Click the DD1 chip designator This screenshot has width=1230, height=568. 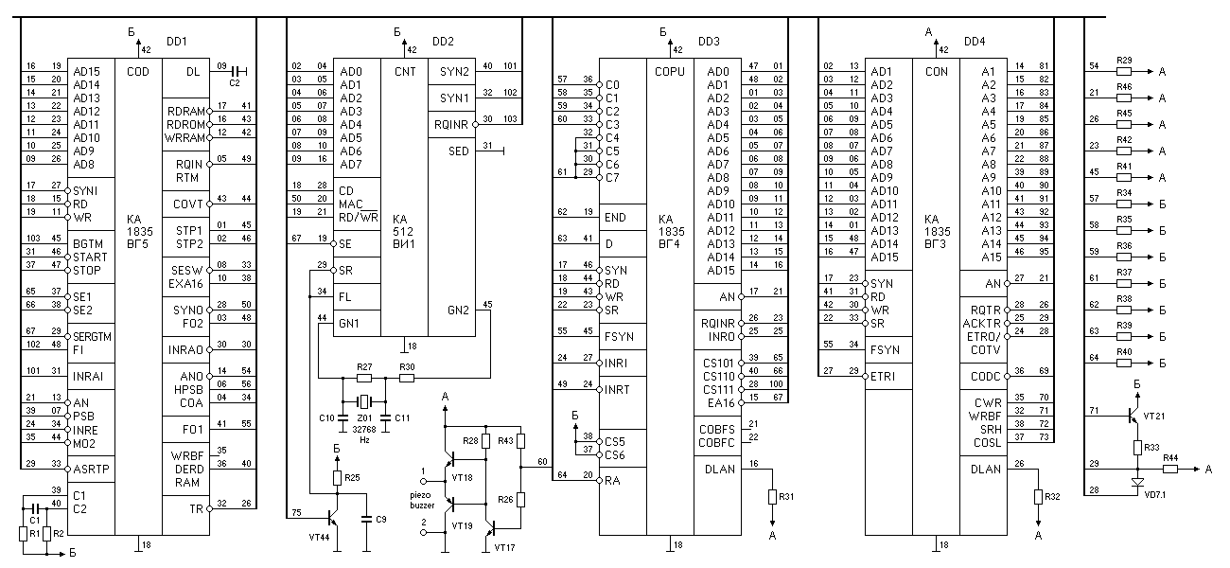point(177,42)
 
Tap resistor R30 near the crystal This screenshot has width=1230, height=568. point(407,378)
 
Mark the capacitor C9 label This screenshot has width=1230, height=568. point(380,519)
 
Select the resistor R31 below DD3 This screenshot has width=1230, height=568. point(773,496)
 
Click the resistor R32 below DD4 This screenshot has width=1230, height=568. point(1038,496)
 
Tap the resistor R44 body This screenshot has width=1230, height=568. point(1170,468)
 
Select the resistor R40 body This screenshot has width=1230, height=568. point(1125,363)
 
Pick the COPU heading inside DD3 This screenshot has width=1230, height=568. point(669,70)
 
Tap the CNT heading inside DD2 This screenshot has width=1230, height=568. point(404,70)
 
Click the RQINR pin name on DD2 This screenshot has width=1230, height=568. point(452,124)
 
